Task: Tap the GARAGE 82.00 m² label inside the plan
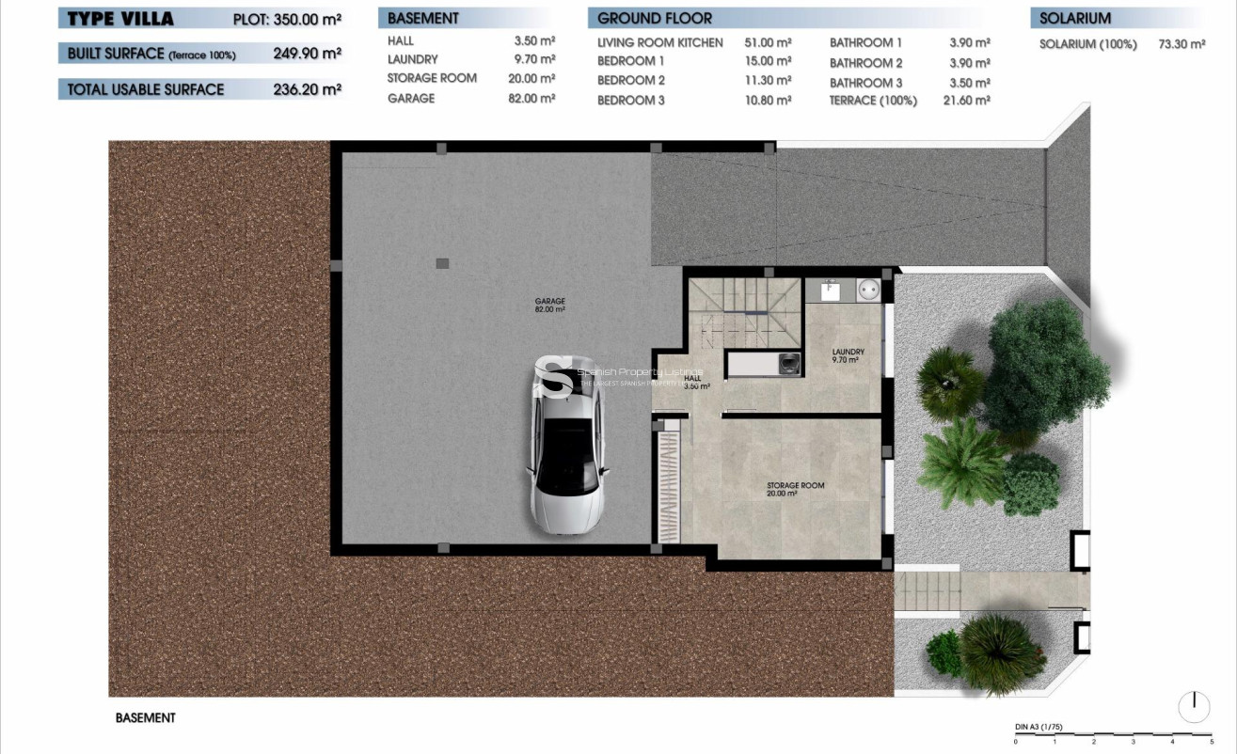tap(549, 305)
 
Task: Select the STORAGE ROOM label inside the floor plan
tap(795, 489)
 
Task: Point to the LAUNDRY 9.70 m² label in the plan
tap(848, 356)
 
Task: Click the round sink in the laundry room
tap(868, 291)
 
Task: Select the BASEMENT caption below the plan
tap(146, 717)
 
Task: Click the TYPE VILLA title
tap(120, 19)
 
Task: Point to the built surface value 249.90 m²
tap(307, 55)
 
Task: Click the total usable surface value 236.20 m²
tap(307, 89)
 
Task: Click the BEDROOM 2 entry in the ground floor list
tap(631, 81)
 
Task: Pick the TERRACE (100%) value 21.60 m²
tap(970, 100)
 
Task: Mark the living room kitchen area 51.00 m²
tap(770, 42)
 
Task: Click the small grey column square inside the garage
tap(442, 263)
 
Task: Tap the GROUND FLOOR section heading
tap(655, 18)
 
